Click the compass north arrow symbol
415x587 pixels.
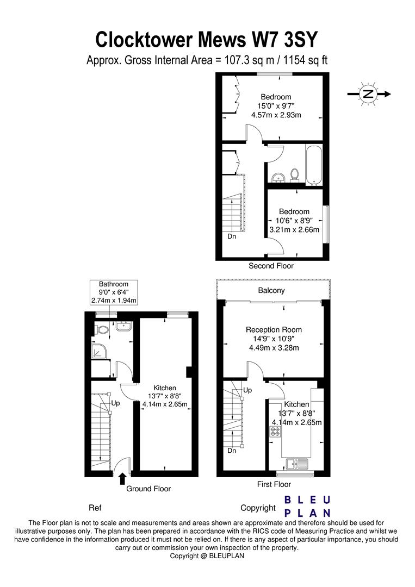pyautogui.click(x=369, y=94)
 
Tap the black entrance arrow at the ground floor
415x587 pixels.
pyautogui.click(x=122, y=478)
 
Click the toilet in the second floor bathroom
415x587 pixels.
pyautogui.click(x=294, y=174)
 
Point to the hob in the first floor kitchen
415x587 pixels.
pyautogui.click(x=275, y=432)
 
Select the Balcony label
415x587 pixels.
pyautogui.click(x=271, y=290)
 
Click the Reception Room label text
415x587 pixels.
pyautogui.click(x=274, y=329)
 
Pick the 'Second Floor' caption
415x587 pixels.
pyautogui.click(x=271, y=266)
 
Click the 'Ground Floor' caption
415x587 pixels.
pyautogui.click(x=148, y=489)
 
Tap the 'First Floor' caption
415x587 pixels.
pyautogui.click(x=274, y=484)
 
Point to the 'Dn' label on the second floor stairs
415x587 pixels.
pyautogui.click(x=232, y=236)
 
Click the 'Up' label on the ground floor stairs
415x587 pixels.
pyautogui.click(x=115, y=403)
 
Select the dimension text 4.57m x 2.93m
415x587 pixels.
pyautogui.click(x=276, y=115)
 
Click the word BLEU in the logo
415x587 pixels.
pyautogui.click(x=308, y=500)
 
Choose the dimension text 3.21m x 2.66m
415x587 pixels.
pyautogui.click(x=294, y=230)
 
